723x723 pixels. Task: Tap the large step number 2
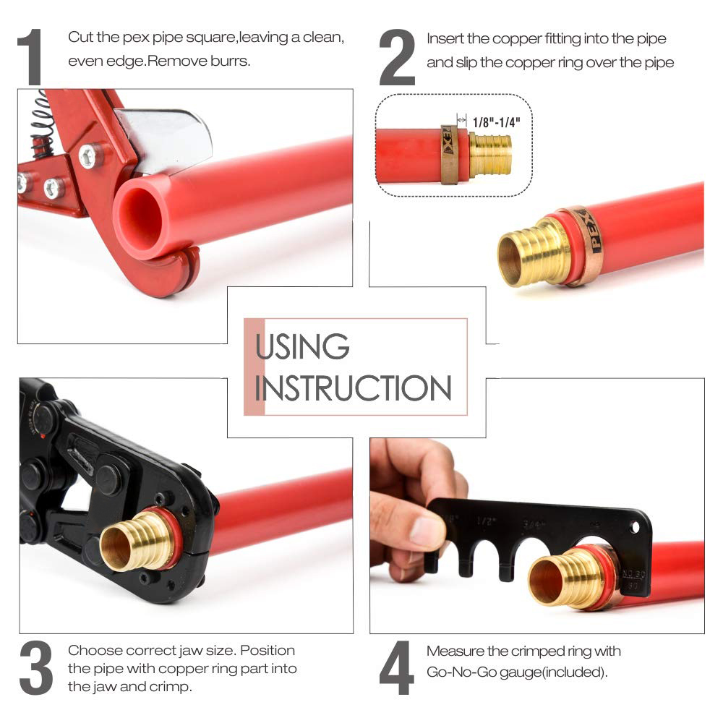pyautogui.click(x=397, y=58)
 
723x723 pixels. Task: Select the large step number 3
pyautogui.click(x=35, y=669)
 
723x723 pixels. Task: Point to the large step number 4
pyautogui.click(x=397, y=669)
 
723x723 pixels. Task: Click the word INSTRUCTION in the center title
pyautogui.click(x=353, y=388)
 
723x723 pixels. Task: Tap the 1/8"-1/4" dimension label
pyautogui.click(x=496, y=121)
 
